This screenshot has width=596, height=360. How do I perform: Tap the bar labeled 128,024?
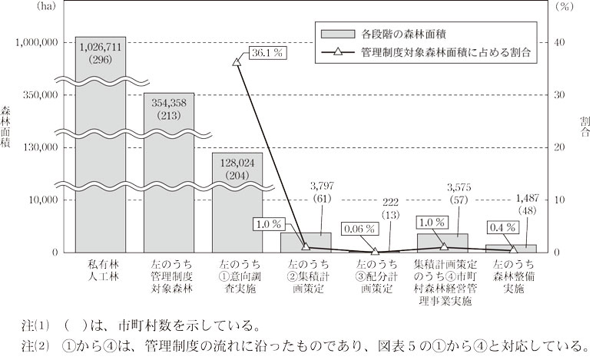(x=237, y=203)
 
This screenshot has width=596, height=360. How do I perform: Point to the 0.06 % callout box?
(x=359, y=229)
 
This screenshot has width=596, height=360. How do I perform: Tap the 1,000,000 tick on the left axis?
(x=37, y=42)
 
